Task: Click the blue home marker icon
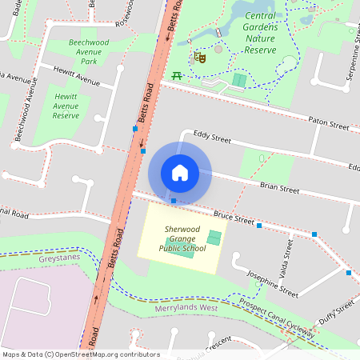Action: (180, 172)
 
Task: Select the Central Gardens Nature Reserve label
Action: (260, 33)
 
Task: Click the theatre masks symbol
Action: (200, 57)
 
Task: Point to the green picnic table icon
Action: (176, 76)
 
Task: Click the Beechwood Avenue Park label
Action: (94, 51)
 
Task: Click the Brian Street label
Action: (279, 190)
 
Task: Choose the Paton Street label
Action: (329, 123)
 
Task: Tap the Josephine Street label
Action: (273, 283)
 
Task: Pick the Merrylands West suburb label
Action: (186, 308)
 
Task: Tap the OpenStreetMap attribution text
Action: (80, 354)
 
